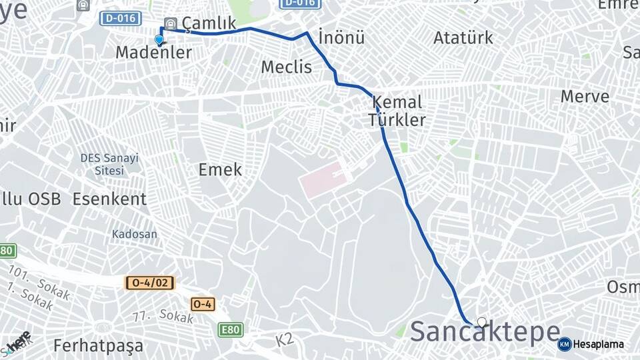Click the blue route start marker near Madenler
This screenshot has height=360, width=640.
click(x=159, y=40)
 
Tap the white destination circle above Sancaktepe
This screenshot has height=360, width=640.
click(x=482, y=322)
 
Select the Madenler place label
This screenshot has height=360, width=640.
click(x=154, y=52)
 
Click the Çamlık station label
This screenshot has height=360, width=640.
click(x=209, y=23)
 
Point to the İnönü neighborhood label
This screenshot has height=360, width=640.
click(x=341, y=37)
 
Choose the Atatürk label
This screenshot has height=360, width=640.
click(x=463, y=37)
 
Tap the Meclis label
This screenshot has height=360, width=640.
click(x=287, y=67)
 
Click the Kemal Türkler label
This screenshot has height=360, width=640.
click(x=397, y=111)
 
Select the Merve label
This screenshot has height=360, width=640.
click(x=585, y=96)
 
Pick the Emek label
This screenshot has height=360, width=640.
click(x=220, y=169)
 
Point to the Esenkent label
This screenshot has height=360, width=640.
click(x=109, y=199)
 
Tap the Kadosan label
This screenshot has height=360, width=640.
click(x=135, y=234)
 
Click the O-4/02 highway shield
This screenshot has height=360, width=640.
click(x=149, y=283)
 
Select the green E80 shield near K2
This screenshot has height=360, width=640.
click(x=230, y=329)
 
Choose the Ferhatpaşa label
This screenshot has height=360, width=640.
click(x=98, y=346)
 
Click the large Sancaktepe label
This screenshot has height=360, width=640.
click(x=485, y=331)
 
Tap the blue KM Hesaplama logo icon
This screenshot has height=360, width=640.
click(x=565, y=344)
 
